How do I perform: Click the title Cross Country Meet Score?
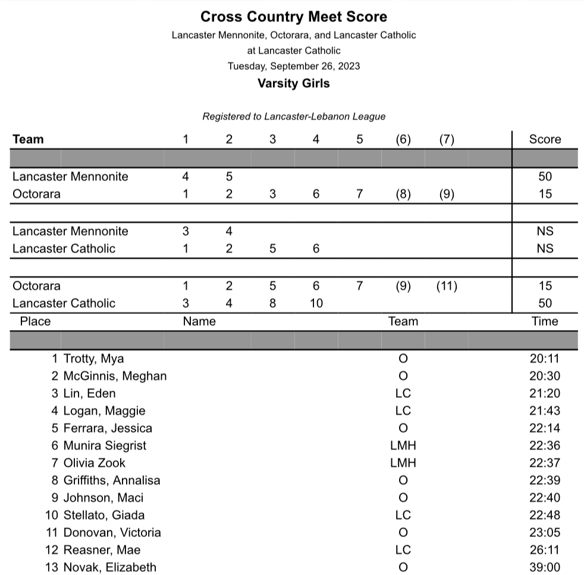tap(293, 17)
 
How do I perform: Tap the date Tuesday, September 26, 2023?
tap(293, 66)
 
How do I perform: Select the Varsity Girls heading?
tap(293, 83)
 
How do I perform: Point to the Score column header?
tap(545, 139)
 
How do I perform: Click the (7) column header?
tap(447, 139)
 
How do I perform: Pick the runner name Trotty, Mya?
tap(93, 359)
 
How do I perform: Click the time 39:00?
tap(545, 567)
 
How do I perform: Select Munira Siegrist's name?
tap(105, 445)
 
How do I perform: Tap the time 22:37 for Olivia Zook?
tap(545, 463)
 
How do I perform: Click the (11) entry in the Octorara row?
tap(447, 286)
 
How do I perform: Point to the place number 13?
tap(52, 567)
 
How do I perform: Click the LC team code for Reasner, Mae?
tap(403, 550)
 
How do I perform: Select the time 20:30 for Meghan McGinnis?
tap(545, 376)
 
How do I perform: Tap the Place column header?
tap(35, 322)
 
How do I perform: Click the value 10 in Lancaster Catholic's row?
tap(316, 303)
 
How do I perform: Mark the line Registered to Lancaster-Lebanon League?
tap(293, 117)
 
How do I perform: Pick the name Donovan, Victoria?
tap(112, 532)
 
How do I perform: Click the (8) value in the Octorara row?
tap(403, 194)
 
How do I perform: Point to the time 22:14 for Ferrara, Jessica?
tap(545, 428)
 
